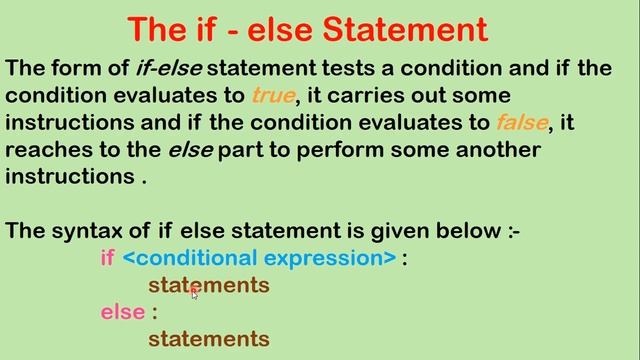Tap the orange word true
(271, 97)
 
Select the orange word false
(521, 123)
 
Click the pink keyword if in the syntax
(108, 258)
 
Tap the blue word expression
(327, 258)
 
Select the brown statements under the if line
(209, 286)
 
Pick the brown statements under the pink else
(209, 339)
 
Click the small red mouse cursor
(194, 292)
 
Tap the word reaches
(40, 150)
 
